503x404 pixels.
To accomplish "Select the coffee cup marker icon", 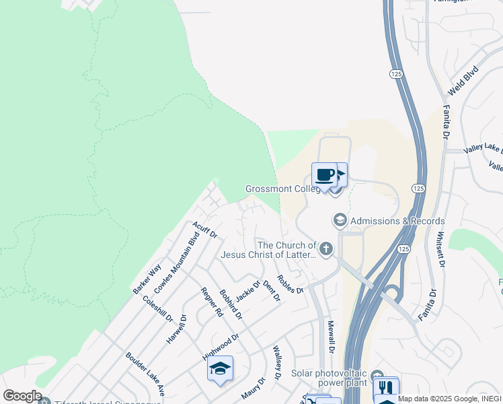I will point(325,175).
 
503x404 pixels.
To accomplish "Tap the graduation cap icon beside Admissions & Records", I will point(340,220).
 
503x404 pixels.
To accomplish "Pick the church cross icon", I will point(326,250).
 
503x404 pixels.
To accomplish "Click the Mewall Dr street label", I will point(331,336).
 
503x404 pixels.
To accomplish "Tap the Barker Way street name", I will point(147,279).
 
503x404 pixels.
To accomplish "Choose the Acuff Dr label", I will point(204,230).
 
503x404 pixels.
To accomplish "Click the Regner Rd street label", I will point(211,302).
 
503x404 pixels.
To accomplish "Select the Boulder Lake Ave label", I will point(145,373).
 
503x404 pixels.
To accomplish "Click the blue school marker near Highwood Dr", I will point(220,368).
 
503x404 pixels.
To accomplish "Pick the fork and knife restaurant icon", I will point(386,389).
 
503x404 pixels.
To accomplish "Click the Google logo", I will point(22,396).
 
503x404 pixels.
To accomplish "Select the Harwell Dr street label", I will point(177,328).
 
